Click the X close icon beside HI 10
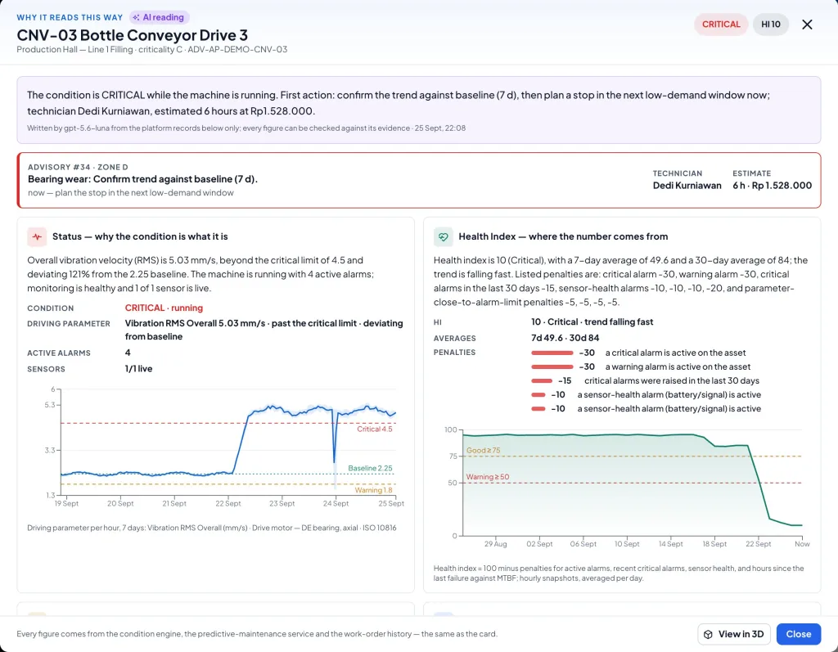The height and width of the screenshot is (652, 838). (x=807, y=25)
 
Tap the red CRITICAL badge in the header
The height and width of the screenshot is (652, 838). (x=721, y=25)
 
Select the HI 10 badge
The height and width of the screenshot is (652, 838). (x=771, y=25)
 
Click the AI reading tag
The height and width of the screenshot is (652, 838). (x=160, y=18)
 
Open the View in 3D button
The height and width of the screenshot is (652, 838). (x=734, y=634)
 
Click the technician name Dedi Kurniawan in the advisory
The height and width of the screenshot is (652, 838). (x=687, y=186)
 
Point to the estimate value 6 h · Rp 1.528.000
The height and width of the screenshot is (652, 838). (x=772, y=186)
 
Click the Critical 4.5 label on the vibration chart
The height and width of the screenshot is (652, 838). (x=374, y=429)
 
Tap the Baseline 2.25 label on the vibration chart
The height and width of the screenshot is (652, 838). (x=371, y=468)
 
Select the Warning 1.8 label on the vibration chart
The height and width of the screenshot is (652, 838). (x=373, y=490)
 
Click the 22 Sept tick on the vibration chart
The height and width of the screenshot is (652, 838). (x=228, y=503)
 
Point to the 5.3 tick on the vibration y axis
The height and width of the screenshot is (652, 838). (x=50, y=405)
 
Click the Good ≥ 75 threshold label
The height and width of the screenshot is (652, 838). (x=483, y=451)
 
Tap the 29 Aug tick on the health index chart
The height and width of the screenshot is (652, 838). (x=495, y=544)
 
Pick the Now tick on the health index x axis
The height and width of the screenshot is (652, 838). (x=802, y=544)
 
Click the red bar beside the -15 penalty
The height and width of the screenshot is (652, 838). (x=542, y=381)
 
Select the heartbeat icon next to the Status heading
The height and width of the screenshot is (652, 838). (x=37, y=236)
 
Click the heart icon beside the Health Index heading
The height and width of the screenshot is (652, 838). (x=443, y=236)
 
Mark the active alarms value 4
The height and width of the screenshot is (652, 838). (x=128, y=353)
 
